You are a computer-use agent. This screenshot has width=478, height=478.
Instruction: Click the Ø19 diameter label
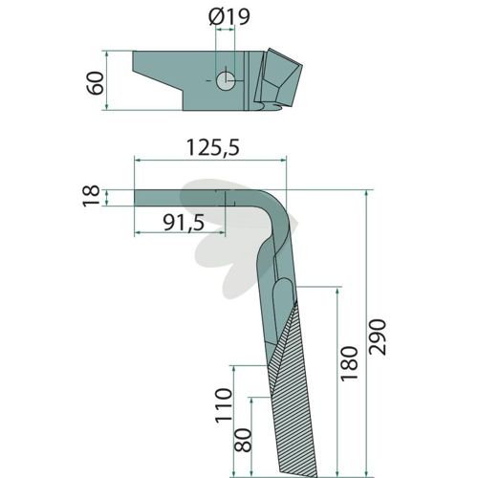click(229, 16)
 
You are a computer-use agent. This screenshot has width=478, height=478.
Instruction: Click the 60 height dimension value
click(96, 83)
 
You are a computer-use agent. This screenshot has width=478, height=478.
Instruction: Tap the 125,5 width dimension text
click(213, 147)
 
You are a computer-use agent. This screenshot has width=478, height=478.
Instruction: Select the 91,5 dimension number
click(184, 223)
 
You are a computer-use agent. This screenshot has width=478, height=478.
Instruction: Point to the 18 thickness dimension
click(92, 196)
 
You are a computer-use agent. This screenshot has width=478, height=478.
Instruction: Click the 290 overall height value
click(378, 337)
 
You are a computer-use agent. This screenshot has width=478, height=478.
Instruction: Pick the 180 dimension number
click(349, 363)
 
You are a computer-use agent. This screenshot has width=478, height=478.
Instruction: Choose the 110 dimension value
click(224, 405)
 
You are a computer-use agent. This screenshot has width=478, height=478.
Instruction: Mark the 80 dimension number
click(243, 440)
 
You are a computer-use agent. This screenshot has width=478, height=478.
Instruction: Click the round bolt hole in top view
click(226, 81)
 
